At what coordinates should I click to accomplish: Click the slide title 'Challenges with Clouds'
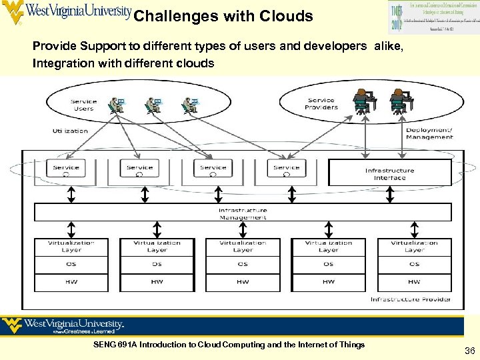coord(223,16)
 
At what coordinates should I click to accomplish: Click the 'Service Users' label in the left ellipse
coord(83,105)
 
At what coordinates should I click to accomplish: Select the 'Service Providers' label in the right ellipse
coord(321,104)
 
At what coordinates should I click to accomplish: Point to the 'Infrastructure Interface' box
coord(389,173)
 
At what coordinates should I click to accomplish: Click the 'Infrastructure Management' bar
coord(243,213)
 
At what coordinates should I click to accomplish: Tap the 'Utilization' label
coord(71,131)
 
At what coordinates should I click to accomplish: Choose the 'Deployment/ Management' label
coord(429,133)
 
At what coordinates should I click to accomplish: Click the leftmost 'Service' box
coord(66,168)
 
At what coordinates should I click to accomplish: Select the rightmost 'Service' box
coord(287,168)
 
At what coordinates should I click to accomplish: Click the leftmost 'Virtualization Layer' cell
coord(71,246)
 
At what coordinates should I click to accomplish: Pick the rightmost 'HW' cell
coord(414,281)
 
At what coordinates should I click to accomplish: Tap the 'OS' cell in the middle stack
coord(243,264)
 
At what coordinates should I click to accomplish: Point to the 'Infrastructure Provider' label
coord(410,299)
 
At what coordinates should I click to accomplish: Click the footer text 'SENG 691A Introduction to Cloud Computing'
coord(229,345)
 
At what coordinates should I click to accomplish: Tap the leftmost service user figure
coord(117,105)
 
